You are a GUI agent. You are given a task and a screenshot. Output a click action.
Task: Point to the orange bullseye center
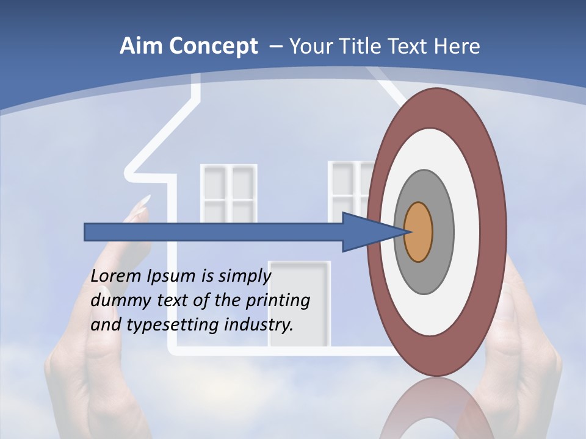pos(419,232)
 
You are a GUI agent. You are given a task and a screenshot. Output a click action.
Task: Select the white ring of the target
pos(467,232)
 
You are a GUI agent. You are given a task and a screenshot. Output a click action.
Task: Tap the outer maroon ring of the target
pos(494,232)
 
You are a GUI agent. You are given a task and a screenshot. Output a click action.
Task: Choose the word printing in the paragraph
pos(277,301)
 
